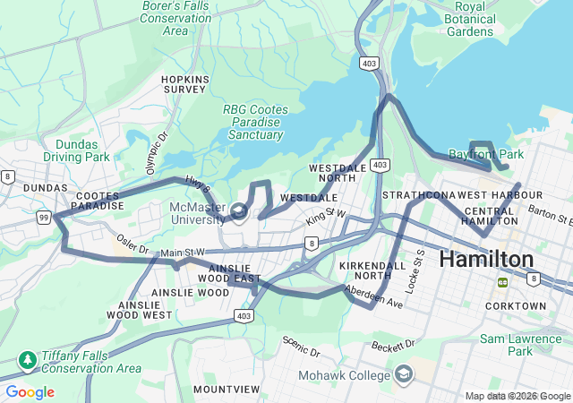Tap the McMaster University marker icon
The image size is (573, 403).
(x=238, y=211)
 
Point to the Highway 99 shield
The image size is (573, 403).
(x=43, y=218)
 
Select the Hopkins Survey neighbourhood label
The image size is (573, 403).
(x=184, y=85)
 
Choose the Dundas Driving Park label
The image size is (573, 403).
(x=82, y=150)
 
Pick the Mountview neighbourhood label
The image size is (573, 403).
(x=227, y=390)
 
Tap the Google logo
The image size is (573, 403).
(x=30, y=392)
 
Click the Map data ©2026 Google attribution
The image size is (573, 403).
(x=517, y=397)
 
